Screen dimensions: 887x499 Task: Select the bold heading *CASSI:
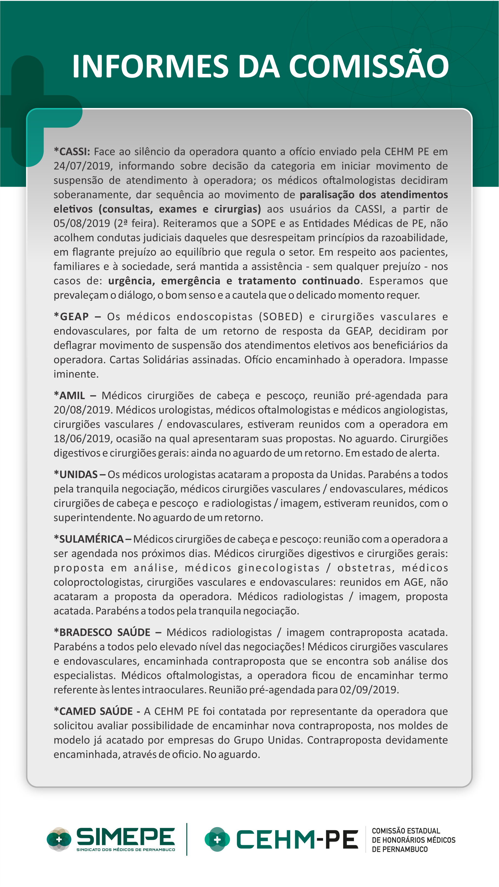click(72, 151)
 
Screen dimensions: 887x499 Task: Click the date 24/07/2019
click(82, 166)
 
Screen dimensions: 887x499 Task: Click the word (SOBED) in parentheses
click(281, 316)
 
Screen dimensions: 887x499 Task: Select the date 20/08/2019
click(82, 410)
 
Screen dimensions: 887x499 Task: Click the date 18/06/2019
click(82, 439)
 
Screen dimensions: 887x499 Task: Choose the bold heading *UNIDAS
click(76, 475)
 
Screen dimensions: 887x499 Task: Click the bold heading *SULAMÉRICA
click(89, 539)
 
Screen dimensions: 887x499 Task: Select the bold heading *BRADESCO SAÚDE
click(102, 632)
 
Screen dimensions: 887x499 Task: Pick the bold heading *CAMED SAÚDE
click(93, 711)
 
